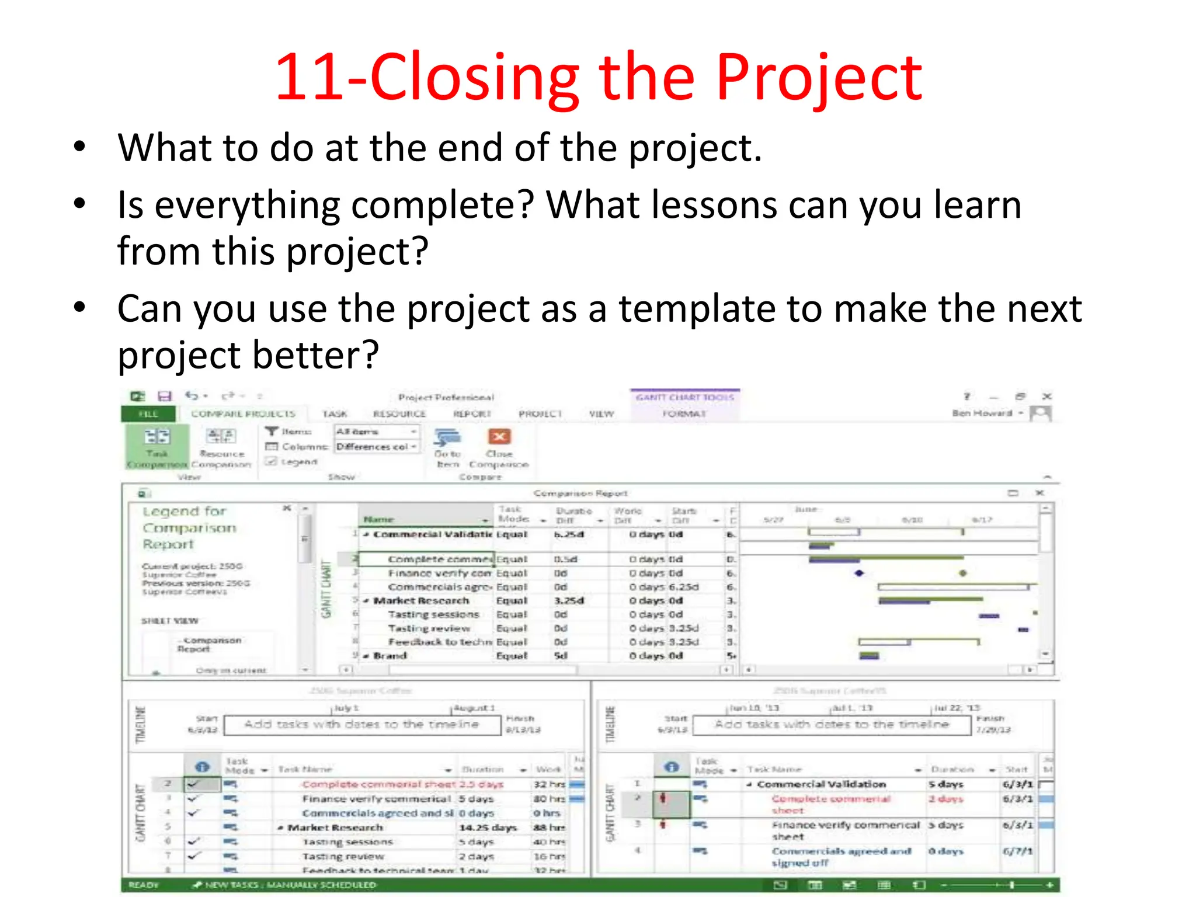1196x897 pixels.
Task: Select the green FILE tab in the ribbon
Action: pyautogui.click(x=148, y=413)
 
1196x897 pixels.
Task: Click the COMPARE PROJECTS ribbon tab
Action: pyautogui.click(x=243, y=413)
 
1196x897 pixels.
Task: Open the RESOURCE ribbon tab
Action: pyautogui.click(x=399, y=413)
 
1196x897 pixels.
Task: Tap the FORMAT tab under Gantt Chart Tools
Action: pyautogui.click(x=684, y=413)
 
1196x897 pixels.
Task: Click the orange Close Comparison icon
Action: pyautogui.click(x=499, y=437)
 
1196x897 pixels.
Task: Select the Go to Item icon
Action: pyautogui.click(x=447, y=438)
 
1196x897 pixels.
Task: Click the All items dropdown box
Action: pyautogui.click(x=376, y=432)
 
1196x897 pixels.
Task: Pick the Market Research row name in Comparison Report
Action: pyautogui.click(x=421, y=600)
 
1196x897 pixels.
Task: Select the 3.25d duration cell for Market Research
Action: pyautogui.click(x=569, y=600)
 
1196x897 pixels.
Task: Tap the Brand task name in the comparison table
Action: pyautogui.click(x=390, y=656)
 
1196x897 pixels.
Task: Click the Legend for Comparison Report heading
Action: pyautogui.click(x=189, y=527)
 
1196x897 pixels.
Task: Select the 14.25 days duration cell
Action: pyautogui.click(x=488, y=828)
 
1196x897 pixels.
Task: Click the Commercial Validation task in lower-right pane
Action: pyautogui.click(x=821, y=784)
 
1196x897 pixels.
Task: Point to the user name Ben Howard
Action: pyautogui.click(x=982, y=413)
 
